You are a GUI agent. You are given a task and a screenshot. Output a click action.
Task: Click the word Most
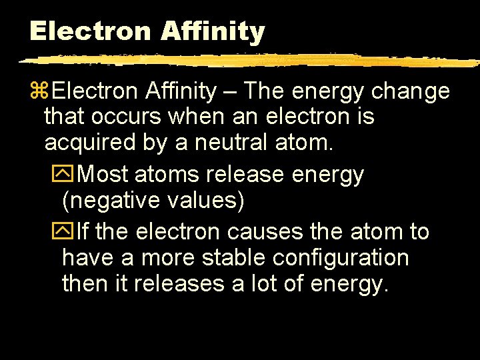(103, 175)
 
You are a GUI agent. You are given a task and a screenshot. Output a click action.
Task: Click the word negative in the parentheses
(111, 200)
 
